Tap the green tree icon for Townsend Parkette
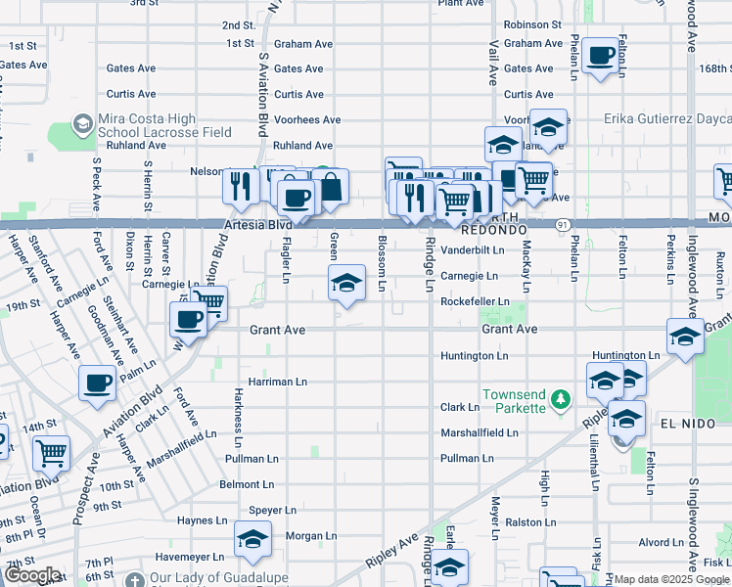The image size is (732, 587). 560,399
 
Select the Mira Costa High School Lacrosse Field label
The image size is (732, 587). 164,125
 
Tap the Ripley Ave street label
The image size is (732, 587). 391,552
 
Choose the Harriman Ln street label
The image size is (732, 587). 278,382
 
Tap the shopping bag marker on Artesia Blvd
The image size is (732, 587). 331,187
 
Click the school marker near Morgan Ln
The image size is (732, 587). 252,539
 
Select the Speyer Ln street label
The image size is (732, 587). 273,510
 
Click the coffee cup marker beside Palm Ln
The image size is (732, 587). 98,384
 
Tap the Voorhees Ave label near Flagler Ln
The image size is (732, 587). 306,120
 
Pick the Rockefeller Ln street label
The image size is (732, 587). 476,302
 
